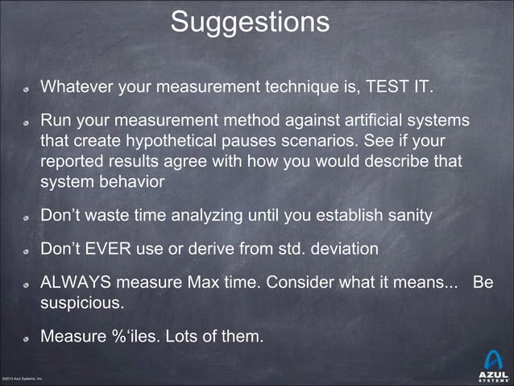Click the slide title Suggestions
pos(250,23)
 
